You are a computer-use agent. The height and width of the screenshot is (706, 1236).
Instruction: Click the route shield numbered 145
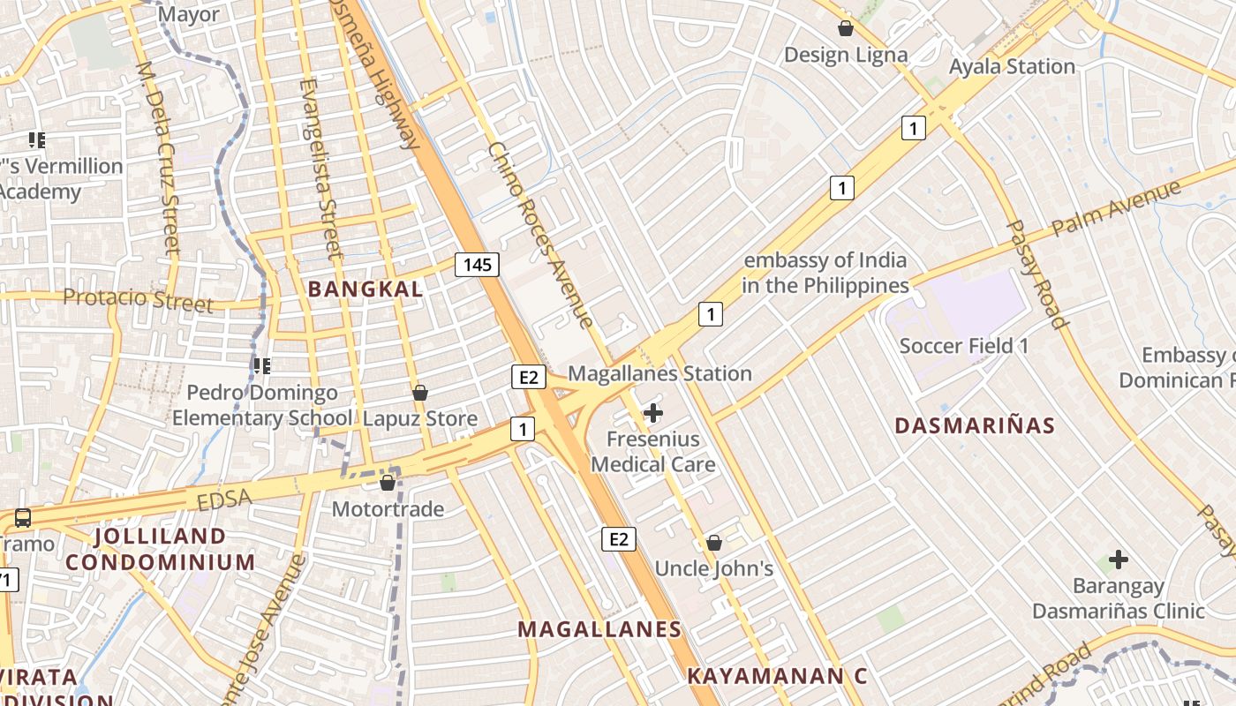(x=478, y=264)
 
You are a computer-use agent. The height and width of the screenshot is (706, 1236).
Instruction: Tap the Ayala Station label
(x=1012, y=66)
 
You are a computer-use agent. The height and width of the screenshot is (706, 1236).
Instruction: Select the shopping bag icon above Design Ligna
(x=846, y=28)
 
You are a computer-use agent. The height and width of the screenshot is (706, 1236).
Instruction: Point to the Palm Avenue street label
(x=1116, y=208)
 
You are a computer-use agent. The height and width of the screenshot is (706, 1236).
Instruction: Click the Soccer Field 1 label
(x=963, y=345)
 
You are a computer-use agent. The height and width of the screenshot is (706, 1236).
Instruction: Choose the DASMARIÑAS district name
(x=975, y=425)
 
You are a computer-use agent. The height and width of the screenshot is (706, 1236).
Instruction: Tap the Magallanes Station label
(x=659, y=373)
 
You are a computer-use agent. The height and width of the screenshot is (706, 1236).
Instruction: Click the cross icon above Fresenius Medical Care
(x=653, y=412)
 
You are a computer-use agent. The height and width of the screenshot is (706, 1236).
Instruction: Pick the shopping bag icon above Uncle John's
(x=713, y=543)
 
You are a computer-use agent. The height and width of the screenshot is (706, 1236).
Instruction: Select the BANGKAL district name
(x=366, y=289)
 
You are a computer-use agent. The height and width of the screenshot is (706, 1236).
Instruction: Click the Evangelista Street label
(x=321, y=168)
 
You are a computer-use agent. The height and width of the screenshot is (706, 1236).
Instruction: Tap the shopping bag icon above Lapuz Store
(x=420, y=392)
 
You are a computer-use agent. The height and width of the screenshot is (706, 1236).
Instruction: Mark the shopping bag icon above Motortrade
(x=387, y=483)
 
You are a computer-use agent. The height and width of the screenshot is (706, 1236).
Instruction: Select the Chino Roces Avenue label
(x=539, y=235)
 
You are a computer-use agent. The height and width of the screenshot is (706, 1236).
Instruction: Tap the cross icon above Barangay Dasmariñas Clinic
(x=1119, y=560)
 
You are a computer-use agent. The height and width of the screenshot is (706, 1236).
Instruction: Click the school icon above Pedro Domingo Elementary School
(x=261, y=365)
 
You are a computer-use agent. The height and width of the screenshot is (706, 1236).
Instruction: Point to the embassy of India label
(x=825, y=273)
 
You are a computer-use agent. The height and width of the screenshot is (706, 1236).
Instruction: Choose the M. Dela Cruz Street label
(x=160, y=159)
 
